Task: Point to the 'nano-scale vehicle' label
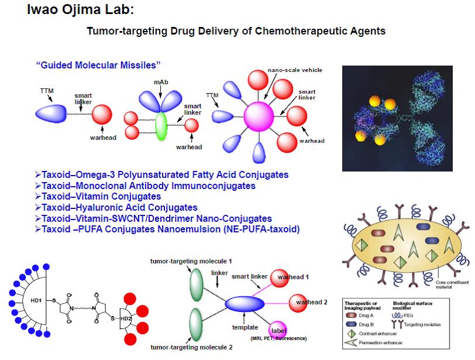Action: (295, 70)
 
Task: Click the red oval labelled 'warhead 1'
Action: (291, 276)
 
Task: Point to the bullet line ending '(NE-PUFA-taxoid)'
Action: (170, 229)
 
